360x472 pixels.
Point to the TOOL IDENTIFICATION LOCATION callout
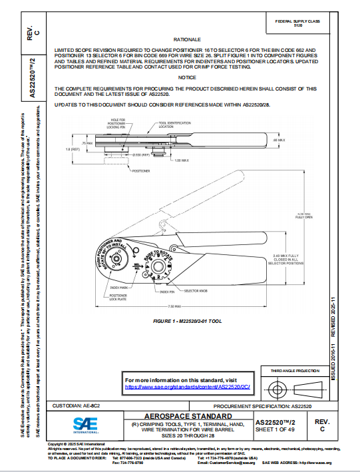click(174, 124)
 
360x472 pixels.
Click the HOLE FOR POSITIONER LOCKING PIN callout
click(118, 123)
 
